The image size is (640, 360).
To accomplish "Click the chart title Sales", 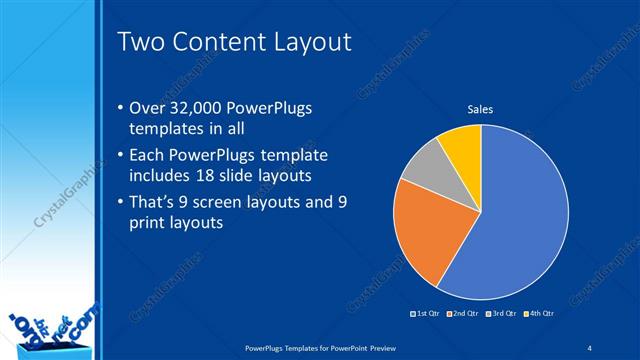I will coord(481,109).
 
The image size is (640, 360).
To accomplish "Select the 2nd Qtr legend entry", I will coord(463,314).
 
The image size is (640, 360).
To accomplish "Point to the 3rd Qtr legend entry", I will coord(498,314).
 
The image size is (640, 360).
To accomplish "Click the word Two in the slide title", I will coord(139,41).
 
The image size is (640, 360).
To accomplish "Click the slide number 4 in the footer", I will coord(591,347).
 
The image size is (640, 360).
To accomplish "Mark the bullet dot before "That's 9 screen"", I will coord(121,204).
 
